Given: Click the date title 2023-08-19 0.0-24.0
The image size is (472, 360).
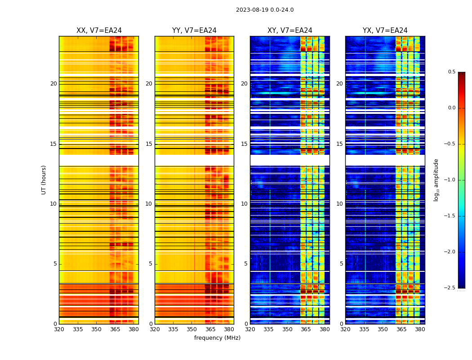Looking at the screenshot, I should (x=265, y=10).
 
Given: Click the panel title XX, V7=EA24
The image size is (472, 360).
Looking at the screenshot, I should (x=99, y=31).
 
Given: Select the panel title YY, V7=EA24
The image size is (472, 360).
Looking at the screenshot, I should (x=194, y=31).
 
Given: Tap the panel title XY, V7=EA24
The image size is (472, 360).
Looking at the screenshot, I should (x=289, y=31).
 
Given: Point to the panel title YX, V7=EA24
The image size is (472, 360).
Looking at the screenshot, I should (x=385, y=31).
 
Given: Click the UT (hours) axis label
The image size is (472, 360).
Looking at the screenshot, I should (x=44, y=180).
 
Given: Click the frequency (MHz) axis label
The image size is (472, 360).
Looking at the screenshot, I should (x=217, y=338).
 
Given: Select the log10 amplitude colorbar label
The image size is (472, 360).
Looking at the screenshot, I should (x=436, y=180).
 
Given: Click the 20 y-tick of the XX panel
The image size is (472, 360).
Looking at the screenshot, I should (x=53, y=84).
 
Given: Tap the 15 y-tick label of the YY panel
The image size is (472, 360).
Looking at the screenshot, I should (x=149, y=144).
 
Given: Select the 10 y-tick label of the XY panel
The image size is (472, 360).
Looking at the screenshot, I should (x=244, y=204).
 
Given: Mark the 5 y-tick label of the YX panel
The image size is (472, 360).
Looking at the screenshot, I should (x=341, y=264).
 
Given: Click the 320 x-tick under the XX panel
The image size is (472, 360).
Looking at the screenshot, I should (x=59, y=329).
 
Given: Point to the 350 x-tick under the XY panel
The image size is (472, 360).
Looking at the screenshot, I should (x=287, y=329).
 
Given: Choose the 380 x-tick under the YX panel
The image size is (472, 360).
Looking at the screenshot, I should (x=420, y=329).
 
